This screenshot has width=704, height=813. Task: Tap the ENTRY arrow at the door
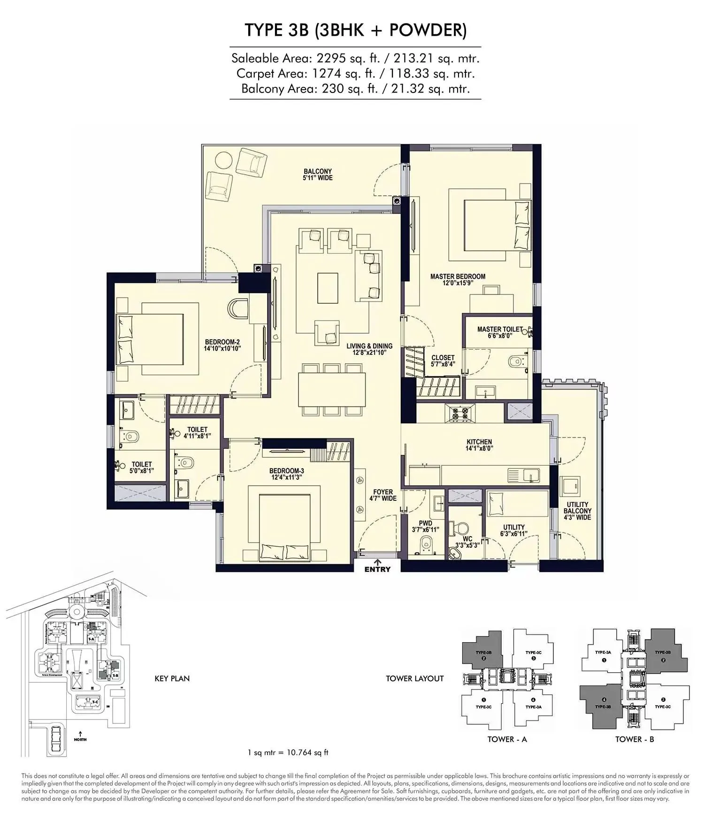[x=378, y=562]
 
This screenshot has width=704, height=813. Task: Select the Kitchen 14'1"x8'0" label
[x=479, y=445]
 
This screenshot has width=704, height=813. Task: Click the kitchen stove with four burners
[x=459, y=414]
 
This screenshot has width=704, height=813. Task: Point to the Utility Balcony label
[x=577, y=511]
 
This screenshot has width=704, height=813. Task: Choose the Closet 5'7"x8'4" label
[x=443, y=360]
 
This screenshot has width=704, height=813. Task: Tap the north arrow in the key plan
[x=80, y=734]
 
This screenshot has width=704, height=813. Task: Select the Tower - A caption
[x=507, y=739]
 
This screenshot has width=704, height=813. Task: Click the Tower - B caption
[x=635, y=739]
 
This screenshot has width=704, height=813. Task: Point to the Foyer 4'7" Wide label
[x=383, y=495]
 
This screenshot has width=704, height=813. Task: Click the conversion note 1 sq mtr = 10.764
[x=288, y=752]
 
